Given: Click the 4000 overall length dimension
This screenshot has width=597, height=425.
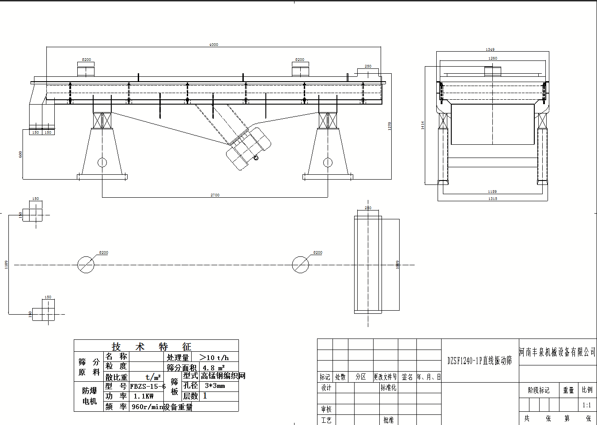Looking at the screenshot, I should click(x=214, y=45).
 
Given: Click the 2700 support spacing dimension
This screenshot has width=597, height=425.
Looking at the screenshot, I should click(x=215, y=195).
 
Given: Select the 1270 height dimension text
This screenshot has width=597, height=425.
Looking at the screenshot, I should click(x=389, y=126).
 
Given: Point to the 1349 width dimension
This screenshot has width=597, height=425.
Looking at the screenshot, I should click(x=490, y=49).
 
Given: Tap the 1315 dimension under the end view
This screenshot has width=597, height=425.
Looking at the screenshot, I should click(x=493, y=199).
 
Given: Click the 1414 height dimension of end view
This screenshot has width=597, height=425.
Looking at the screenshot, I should click(x=423, y=125).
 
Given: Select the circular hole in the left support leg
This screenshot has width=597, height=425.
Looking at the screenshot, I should click(x=102, y=162).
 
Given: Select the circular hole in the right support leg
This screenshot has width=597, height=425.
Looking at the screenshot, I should click(x=328, y=162).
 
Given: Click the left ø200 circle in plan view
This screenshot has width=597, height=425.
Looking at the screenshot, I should click(x=86, y=265).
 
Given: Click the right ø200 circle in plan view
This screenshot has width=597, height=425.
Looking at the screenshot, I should click(x=300, y=265).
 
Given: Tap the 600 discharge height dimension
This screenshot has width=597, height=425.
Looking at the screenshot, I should click(x=20, y=154).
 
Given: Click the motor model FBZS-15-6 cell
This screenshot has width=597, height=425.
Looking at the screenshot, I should click(x=147, y=387).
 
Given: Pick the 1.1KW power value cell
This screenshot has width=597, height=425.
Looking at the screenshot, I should click(x=144, y=396).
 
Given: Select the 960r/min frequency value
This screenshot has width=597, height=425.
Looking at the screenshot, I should click(x=147, y=407).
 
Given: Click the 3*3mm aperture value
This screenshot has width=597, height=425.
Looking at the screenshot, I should click(x=215, y=386).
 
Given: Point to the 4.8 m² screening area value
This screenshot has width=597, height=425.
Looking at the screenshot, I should click(x=214, y=368).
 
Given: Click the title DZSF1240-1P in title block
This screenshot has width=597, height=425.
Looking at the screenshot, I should click(x=480, y=361).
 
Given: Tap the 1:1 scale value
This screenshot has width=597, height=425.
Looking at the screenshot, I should click(x=586, y=405).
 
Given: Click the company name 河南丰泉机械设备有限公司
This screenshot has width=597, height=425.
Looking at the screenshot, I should click(x=557, y=352).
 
